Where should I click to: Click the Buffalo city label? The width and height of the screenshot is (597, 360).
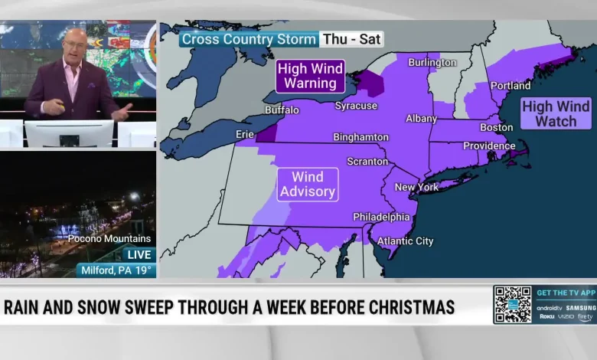coord(282,110)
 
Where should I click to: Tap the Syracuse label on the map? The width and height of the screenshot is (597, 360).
coord(356,106)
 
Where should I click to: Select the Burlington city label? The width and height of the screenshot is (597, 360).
coord(432,62)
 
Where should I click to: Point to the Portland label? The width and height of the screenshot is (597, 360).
coord(511,86)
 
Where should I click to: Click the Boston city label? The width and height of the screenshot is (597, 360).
coord(496,127)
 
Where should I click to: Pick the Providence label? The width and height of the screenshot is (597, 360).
coord(489,146)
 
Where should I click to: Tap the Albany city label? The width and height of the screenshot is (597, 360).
coord(421,119)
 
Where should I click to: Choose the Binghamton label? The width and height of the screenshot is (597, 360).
coord(360,137)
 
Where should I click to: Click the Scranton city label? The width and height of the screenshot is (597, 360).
coord(367,162)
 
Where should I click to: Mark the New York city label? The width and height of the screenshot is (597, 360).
coord(416,187)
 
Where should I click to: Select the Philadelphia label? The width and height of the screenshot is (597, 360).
coord(381,217)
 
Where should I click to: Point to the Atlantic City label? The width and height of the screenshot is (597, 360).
coord(406,241)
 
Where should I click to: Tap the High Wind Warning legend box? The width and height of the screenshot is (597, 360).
coord(310,77)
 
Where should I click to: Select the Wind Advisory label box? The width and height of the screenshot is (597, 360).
coord(308,185)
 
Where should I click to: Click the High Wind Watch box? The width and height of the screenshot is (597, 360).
coord(556,113)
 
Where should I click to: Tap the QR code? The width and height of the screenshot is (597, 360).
coord(512,304)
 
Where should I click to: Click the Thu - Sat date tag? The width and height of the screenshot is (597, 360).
coord(352,39)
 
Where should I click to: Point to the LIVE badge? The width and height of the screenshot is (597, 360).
coord(139,254)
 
